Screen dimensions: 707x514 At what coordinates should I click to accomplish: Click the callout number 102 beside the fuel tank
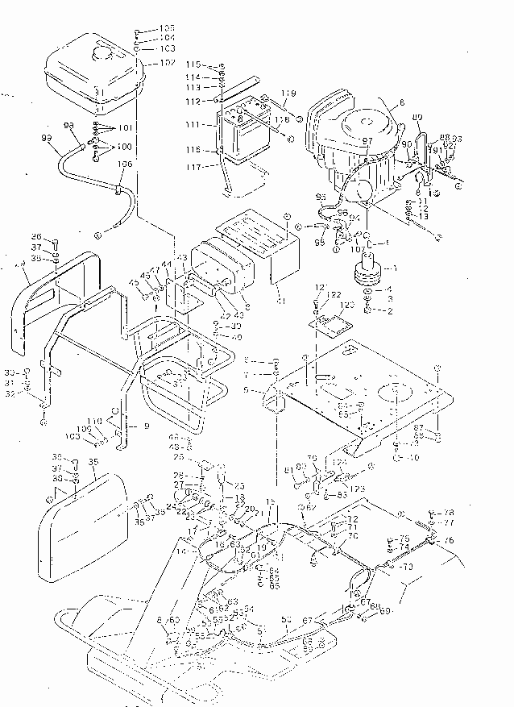tap(168, 62)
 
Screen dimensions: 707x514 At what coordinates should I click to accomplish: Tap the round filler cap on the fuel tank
tap(102, 55)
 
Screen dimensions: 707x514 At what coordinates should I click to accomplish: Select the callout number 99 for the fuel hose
tap(46, 139)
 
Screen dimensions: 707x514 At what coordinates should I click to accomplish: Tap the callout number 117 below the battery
tap(193, 167)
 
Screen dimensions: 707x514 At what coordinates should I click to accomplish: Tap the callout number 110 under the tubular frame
tap(96, 422)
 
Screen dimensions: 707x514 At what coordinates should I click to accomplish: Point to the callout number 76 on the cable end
tap(449, 540)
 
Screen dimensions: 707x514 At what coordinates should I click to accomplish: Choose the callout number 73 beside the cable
tap(408, 568)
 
